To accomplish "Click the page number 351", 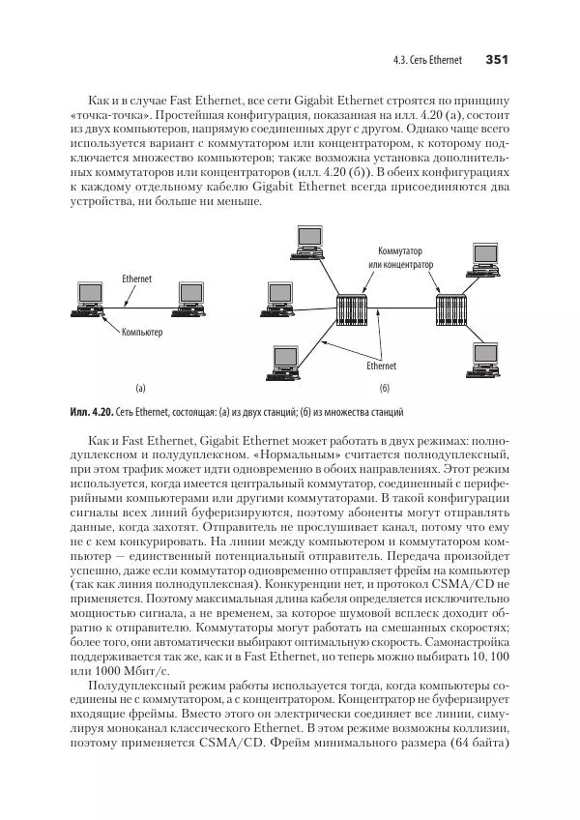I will (x=497, y=60).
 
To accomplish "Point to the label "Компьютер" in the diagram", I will (x=141, y=333).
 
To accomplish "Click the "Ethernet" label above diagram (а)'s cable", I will (x=136, y=278).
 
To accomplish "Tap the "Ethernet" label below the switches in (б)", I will (x=381, y=366).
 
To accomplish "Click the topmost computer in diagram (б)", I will (x=308, y=241).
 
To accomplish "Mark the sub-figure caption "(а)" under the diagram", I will (x=140, y=388).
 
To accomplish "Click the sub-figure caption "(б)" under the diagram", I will (x=383, y=388).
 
